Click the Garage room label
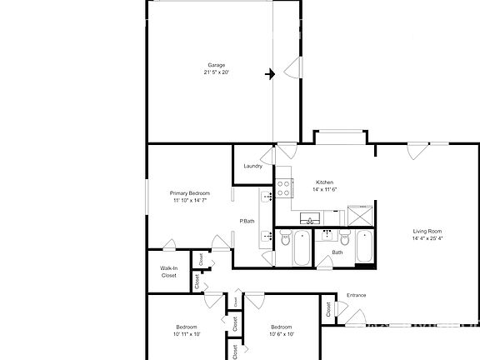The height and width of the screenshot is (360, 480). (216, 65)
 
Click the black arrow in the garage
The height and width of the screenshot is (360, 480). (270, 74)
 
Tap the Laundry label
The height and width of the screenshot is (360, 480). (253, 166)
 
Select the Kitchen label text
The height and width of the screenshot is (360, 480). (325, 182)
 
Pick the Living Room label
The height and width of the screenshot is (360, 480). (427, 231)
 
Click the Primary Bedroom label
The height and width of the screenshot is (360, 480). (190, 193)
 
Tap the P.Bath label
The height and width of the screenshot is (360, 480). (247, 221)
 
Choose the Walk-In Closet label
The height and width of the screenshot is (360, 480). (169, 271)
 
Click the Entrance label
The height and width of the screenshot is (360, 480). (356, 294)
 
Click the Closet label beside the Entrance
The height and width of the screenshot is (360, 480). (329, 309)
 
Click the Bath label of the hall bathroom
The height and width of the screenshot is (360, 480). (337, 252)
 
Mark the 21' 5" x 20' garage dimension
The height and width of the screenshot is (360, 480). (216, 72)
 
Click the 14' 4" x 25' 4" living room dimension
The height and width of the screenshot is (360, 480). (427, 238)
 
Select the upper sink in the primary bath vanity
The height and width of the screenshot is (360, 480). (267, 197)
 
